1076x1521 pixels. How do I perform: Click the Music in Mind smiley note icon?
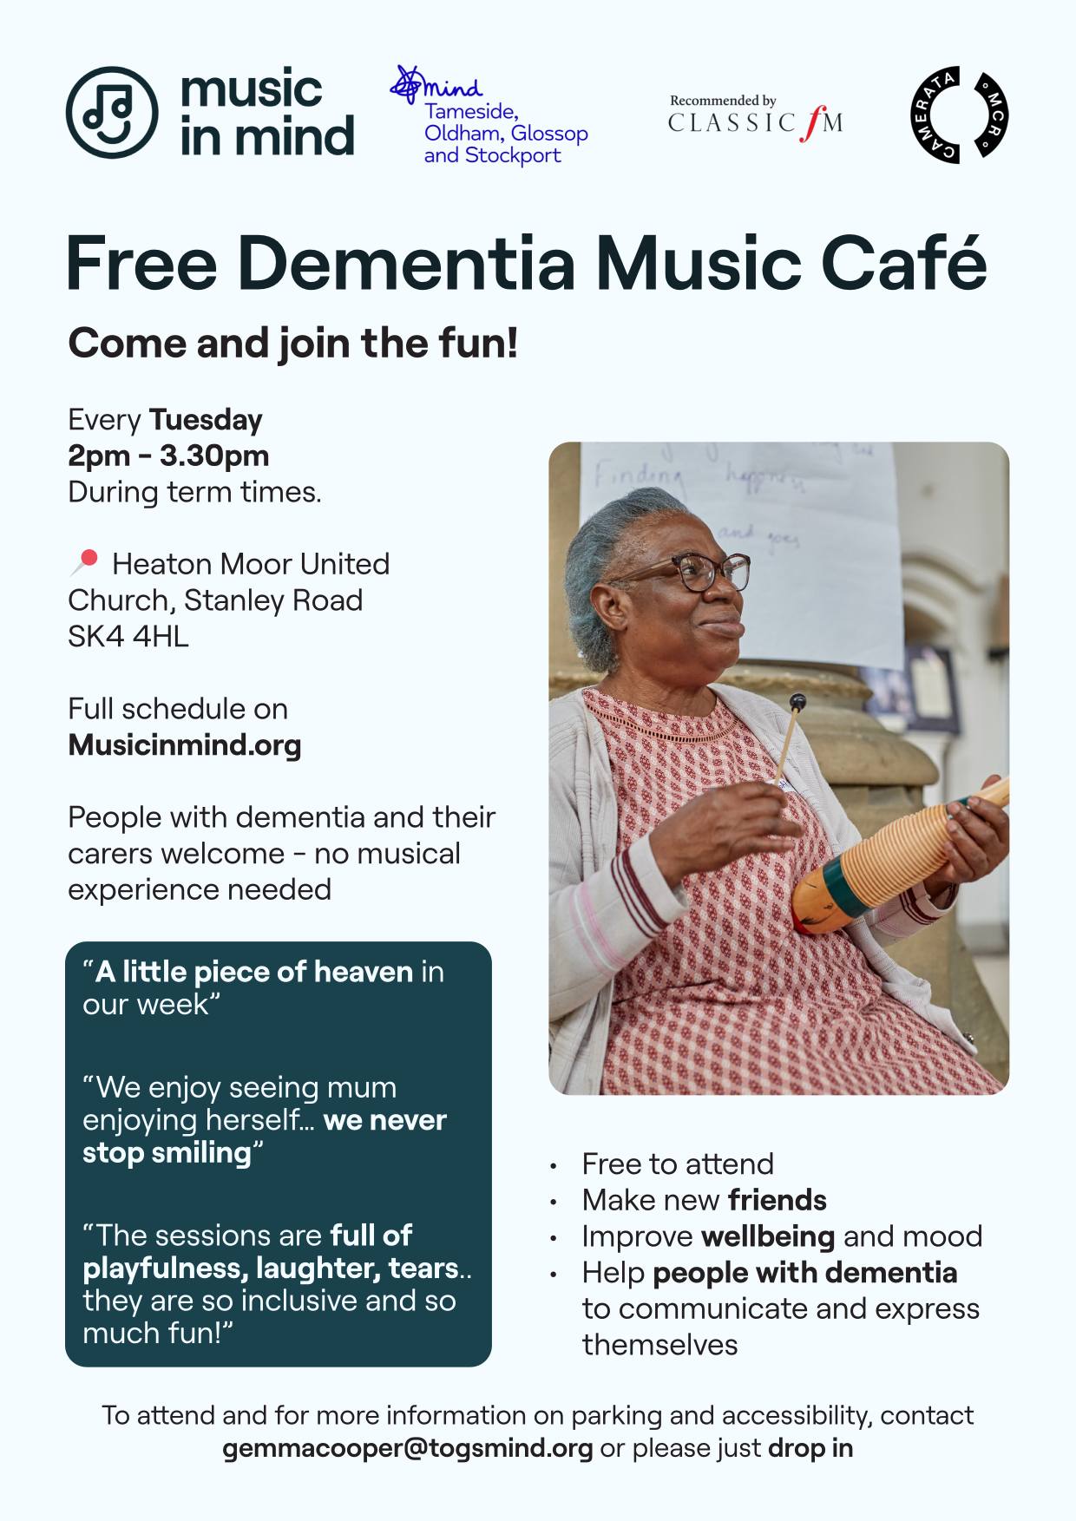pos(112,112)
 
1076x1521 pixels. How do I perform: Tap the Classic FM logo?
pos(755,118)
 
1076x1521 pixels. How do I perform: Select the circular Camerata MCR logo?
pos(959,115)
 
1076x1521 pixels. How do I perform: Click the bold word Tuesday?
pos(206,421)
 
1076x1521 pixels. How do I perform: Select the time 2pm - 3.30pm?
pos(168,456)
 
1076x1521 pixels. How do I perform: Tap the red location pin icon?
pos(84,562)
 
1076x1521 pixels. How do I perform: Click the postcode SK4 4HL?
pos(128,637)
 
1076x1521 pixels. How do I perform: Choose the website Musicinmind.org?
pos(185,745)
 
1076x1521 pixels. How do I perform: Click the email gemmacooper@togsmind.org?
pos(408,1448)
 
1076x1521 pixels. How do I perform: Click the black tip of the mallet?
pos(797,702)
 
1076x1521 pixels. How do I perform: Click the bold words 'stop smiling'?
pos(167,1153)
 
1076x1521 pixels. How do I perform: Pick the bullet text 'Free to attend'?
pos(678,1164)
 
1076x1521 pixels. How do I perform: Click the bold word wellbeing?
pos(768,1236)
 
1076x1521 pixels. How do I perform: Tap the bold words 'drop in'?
pos(810,1448)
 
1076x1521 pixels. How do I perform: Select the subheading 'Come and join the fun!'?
pos(293,344)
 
